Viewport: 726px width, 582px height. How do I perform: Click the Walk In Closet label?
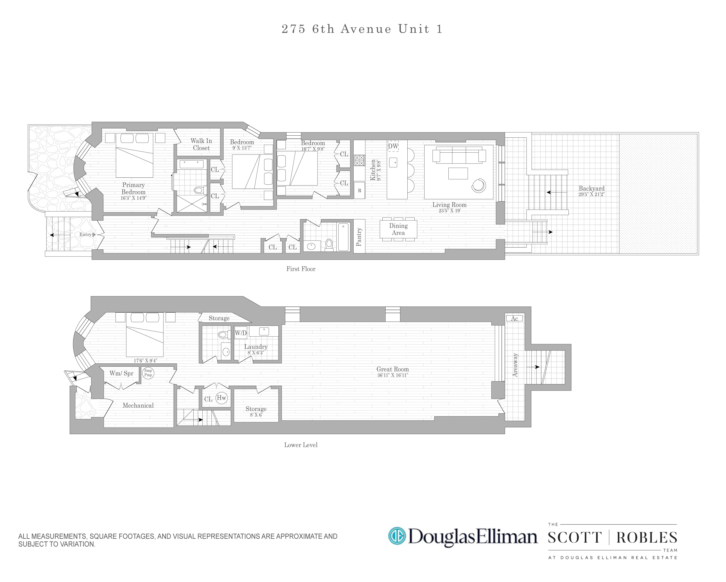[201, 144]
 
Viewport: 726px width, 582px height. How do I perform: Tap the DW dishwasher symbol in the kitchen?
[393, 146]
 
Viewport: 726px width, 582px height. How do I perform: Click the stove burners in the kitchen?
[359, 160]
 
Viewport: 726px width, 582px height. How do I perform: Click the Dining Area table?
[398, 229]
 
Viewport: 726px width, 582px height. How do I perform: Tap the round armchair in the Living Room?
[478, 185]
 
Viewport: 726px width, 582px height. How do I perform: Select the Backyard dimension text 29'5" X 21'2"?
[591, 194]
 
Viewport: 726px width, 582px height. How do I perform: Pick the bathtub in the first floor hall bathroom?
[343, 237]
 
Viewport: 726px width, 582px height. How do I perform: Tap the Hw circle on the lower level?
[221, 398]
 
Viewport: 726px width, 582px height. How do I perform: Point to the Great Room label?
[392, 369]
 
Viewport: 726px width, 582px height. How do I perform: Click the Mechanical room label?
[138, 405]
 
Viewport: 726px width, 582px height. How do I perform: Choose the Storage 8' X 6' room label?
[256, 411]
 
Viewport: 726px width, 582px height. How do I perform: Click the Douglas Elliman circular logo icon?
[397, 536]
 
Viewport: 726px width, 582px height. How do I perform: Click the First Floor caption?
[301, 269]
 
